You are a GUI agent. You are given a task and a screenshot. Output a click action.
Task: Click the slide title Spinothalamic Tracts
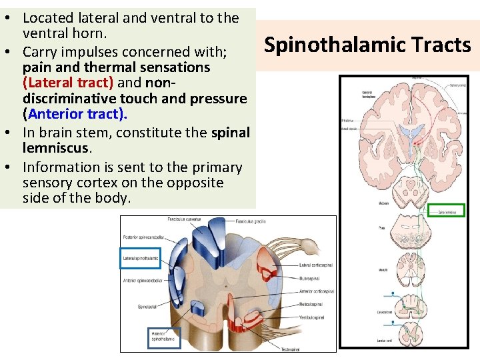click(x=367, y=45)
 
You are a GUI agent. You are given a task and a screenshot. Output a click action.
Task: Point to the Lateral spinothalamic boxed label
click(x=140, y=257)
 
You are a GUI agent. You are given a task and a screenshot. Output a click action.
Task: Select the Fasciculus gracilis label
click(x=253, y=221)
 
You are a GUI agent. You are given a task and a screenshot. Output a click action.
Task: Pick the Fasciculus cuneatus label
click(x=185, y=219)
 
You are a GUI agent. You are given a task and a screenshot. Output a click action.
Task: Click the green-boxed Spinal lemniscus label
click(x=446, y=210)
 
